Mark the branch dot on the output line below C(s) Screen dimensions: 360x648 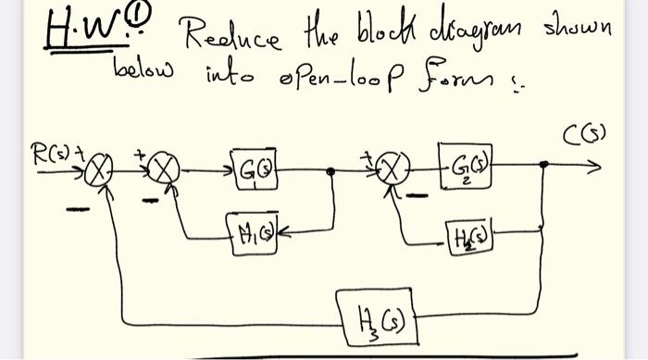click(544, 167)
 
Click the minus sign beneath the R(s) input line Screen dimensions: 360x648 click(78, 208)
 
